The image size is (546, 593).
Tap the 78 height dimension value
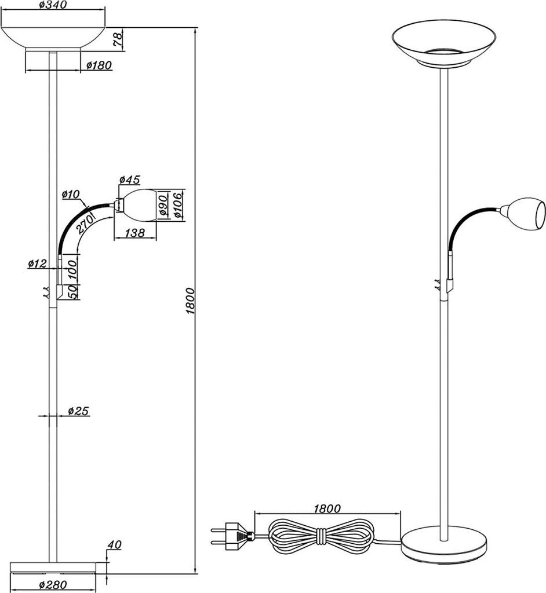117,39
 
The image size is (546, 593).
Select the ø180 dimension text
99,65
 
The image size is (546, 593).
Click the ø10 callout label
71,195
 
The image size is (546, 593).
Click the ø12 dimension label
37,264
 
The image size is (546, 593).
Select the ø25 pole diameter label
77,411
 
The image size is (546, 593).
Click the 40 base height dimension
114,545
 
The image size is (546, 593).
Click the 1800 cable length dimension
326,508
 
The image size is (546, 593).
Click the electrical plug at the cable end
232,535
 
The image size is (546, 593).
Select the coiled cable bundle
320,535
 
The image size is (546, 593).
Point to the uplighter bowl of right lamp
445,41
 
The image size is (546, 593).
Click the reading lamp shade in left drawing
139,205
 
